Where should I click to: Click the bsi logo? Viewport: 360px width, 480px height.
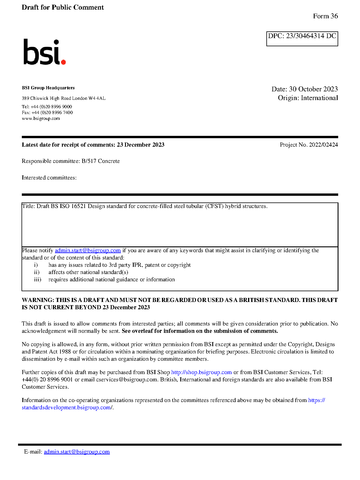pos(44,52)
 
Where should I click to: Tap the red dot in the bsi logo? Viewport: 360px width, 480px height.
pos(63,62)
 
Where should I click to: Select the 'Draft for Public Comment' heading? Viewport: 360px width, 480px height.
pos(63,7)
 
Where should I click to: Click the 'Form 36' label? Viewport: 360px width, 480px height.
pos(325,16)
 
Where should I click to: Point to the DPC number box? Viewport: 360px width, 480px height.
pos(302,38)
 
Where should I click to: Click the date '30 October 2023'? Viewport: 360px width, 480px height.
pos(313,89)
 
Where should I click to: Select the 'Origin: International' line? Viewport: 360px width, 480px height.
pos(308,98)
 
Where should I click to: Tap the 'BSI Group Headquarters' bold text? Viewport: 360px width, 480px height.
pos(48,88)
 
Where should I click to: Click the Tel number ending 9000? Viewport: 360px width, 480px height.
pos(51,107)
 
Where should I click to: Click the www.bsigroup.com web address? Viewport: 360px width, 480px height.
pos(41,118)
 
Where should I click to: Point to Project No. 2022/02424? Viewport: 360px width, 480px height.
pos(309,145)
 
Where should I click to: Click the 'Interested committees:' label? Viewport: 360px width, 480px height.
pos(49,177)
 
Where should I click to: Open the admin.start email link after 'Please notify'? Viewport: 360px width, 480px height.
pos(88,250)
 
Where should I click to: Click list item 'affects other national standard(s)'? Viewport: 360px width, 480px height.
pos(88,272)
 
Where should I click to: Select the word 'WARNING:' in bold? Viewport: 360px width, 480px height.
pos(38,300)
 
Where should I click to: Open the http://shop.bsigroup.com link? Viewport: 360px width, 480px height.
pos(201,372)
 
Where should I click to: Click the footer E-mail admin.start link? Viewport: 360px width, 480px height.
pos(77,451)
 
